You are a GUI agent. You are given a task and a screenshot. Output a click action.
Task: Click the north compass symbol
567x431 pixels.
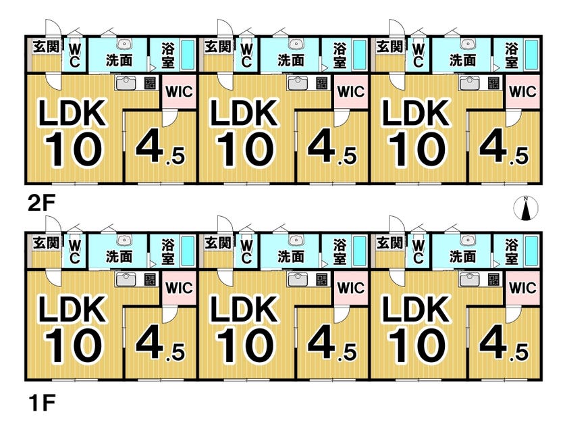coord(526,208)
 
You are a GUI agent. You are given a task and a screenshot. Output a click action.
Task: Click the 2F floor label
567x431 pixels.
coord(41,205)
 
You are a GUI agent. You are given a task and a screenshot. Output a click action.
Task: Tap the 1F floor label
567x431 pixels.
coord(41,403)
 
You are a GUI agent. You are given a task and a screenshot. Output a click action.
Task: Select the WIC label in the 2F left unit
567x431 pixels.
coord(179,91)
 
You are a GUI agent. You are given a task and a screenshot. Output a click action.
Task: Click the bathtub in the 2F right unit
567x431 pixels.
coord(531,55)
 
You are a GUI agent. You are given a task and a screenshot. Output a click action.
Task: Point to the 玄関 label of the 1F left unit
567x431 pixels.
coord(46,243)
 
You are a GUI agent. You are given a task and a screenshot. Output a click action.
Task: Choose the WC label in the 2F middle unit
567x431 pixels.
coord(246,55)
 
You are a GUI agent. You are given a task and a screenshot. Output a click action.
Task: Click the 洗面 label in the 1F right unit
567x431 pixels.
coord(462,257)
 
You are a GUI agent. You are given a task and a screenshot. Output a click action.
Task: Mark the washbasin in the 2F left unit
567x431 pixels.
coord(124,44)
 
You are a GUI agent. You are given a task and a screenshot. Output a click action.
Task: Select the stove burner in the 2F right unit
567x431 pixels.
coord(493,84)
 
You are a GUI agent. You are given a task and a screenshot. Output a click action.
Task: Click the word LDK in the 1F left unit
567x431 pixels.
coord(72,309)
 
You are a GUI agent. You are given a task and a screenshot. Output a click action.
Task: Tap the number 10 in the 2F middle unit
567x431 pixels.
coord(245,149)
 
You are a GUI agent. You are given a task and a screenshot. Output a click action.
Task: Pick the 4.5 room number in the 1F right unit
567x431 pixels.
coord(504,344)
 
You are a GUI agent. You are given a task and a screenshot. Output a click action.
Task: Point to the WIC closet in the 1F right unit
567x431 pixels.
coord(522,288)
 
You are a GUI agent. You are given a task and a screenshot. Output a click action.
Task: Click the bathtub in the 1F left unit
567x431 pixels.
coord(188,251)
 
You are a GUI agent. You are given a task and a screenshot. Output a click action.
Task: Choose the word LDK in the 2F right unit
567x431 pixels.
coord(416,113)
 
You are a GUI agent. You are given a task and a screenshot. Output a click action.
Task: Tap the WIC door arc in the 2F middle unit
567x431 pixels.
coord(341,119)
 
